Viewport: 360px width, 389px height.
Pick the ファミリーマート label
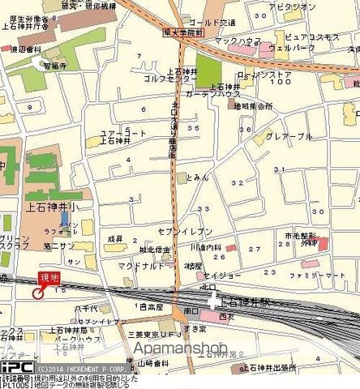click(312, 277)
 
